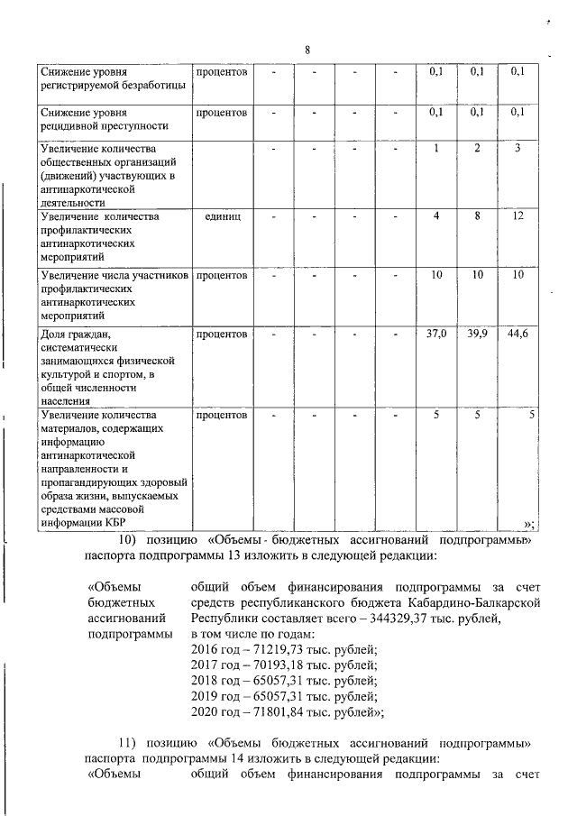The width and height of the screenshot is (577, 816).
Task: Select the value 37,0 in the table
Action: [x=436, y=335]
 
